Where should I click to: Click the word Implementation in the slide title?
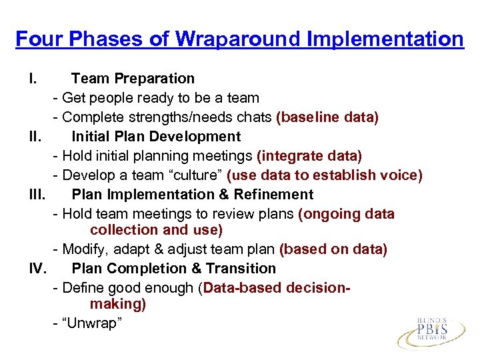point(385,39)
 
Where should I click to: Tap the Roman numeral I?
point(32,79)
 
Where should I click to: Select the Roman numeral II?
point(35,137)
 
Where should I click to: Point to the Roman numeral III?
point(37,195)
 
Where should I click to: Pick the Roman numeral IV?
point(37,269)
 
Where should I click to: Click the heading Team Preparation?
point(133,79)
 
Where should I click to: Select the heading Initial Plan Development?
point(156,137)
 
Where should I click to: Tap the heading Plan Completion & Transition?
point(173,269)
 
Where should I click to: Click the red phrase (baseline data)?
point(327,118)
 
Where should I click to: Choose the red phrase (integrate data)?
point(309,156)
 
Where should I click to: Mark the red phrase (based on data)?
point(333,249)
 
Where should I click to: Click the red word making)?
point(117,305)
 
